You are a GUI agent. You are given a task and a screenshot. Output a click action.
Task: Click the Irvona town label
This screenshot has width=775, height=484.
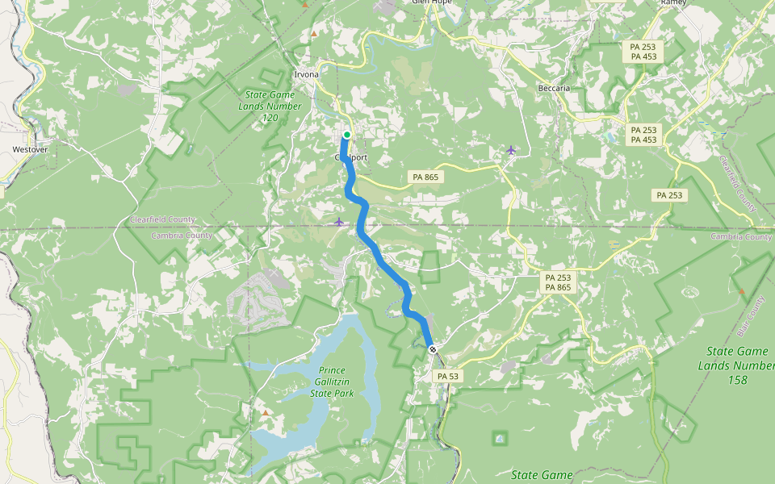point(306,74)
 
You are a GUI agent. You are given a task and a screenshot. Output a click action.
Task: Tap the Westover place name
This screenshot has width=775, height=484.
point(31,149)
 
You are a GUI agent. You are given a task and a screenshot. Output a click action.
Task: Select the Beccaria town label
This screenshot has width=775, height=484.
point(555,87)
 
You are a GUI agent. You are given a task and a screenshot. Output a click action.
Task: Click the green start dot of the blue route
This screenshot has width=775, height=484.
point(346,135)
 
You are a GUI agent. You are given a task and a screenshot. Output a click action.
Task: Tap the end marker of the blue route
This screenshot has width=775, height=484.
point(433,349)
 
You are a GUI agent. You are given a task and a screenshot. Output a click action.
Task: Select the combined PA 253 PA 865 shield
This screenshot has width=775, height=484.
point(558,282)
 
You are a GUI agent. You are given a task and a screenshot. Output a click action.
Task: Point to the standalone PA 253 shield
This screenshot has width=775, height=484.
point(669,195)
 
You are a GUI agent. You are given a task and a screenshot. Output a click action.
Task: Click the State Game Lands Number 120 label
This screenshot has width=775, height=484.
point(270,106)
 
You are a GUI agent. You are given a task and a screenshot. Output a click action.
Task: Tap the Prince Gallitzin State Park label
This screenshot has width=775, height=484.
point(332,382)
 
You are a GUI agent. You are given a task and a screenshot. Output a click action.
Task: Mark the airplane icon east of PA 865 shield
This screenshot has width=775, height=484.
point(510,149)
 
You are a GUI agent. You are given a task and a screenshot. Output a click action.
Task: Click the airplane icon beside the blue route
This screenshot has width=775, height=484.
point(338,221)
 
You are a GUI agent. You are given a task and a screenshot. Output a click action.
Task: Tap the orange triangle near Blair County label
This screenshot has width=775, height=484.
point(741,290)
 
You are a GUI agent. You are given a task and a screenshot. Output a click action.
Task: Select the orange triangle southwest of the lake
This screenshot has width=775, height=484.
point(266,412)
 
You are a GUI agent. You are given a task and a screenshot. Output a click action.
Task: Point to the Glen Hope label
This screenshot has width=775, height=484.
point(431,2)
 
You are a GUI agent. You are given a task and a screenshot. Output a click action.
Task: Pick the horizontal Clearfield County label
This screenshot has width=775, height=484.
point(162,219)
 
